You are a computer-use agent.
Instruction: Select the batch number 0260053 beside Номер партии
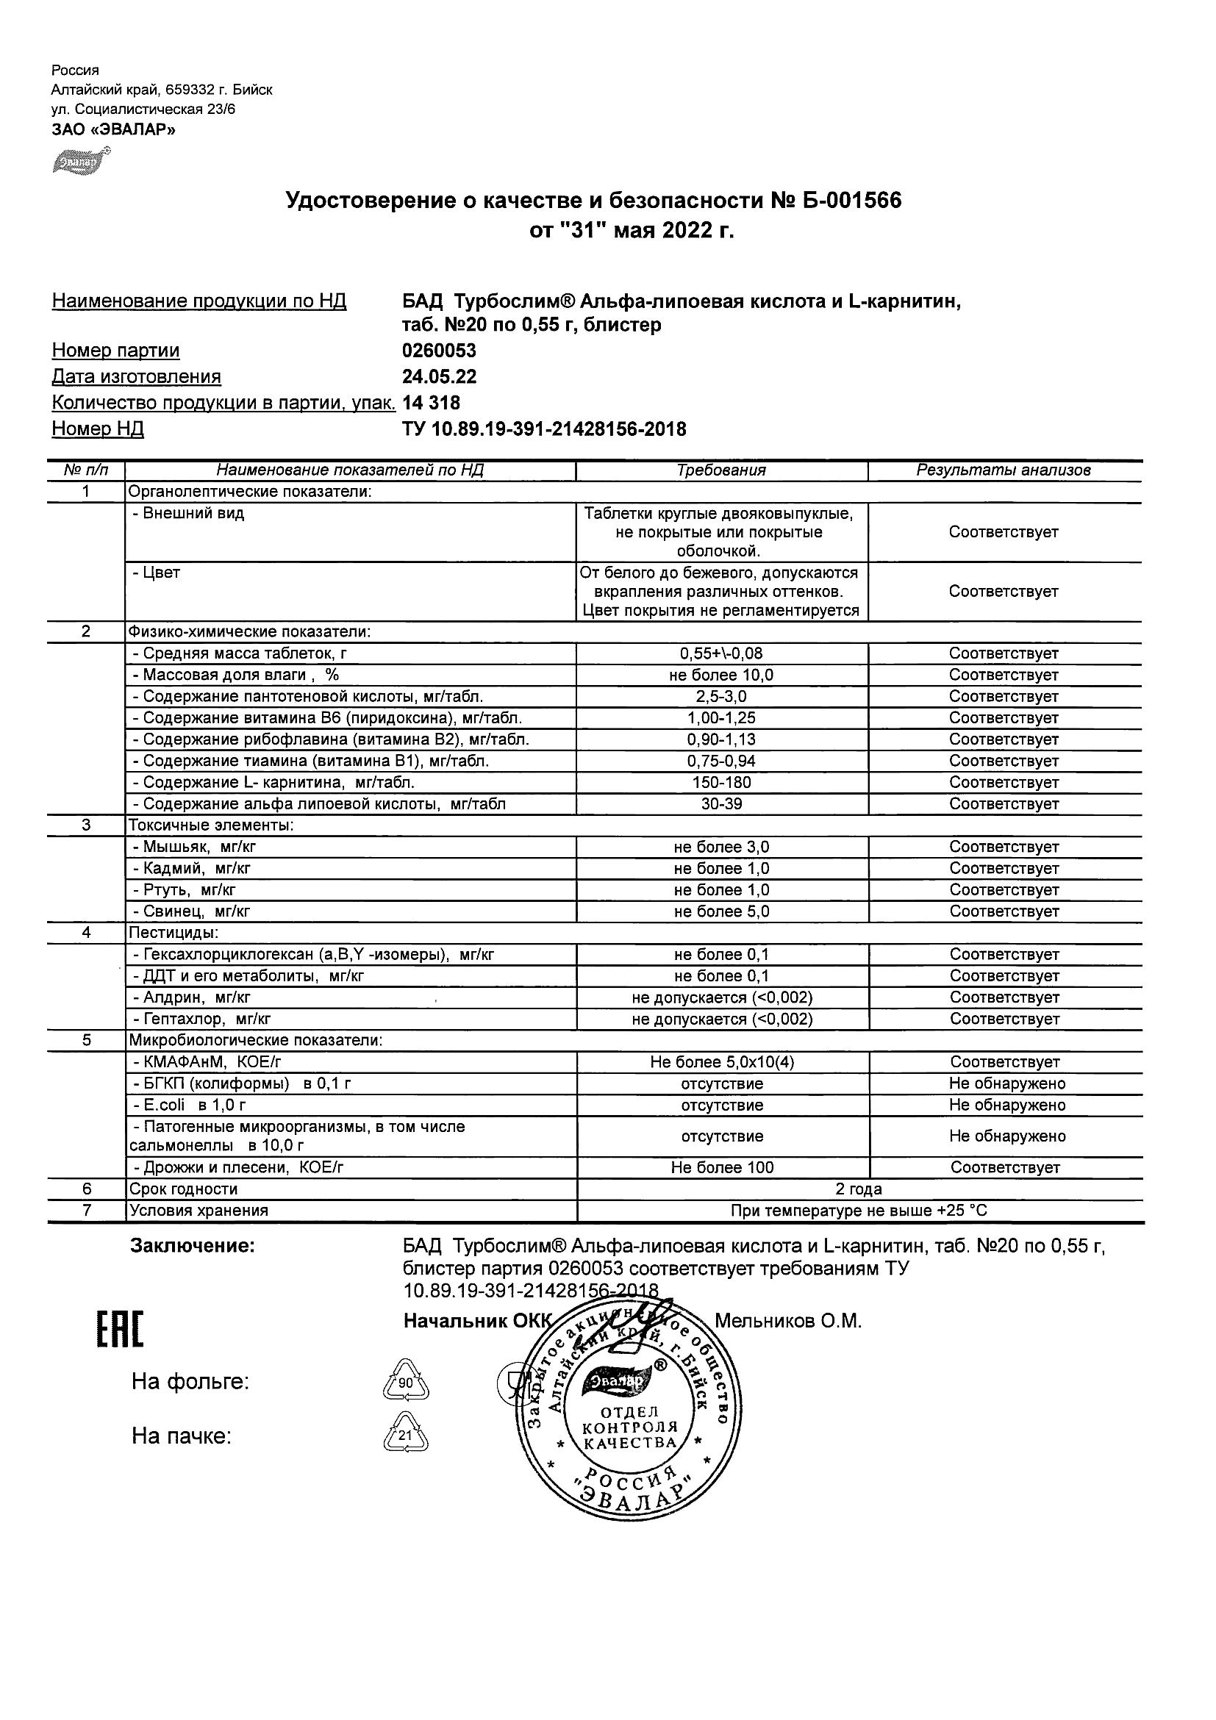(439, 351)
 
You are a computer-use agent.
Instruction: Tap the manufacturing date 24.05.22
(439, 376)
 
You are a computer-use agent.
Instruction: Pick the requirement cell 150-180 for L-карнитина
(721, 782)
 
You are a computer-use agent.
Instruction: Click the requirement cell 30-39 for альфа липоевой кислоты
(721, 804)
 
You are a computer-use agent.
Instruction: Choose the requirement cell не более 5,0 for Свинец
(721, 911)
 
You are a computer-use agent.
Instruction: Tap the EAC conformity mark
(120, 1330)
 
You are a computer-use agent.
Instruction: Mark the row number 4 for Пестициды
(86, 933)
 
